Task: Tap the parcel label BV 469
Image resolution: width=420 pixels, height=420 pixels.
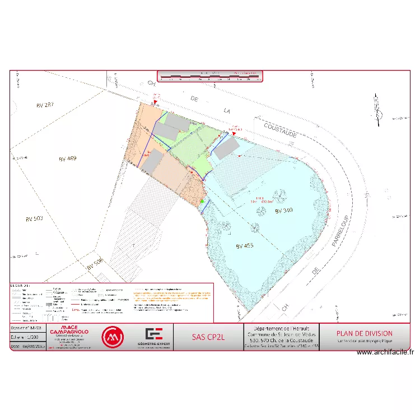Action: coord(67,158)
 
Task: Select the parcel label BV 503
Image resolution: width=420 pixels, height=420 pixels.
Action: coord(34,218)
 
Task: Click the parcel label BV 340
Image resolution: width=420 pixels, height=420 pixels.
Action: coord(284,211)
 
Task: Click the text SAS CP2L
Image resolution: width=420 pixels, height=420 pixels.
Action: coord(207,337)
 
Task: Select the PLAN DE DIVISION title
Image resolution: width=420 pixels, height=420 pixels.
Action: coord(365,334)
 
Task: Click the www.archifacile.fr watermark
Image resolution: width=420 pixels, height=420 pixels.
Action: coord(385,352)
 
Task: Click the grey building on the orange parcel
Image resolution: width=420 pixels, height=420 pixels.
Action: coord(153,161)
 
